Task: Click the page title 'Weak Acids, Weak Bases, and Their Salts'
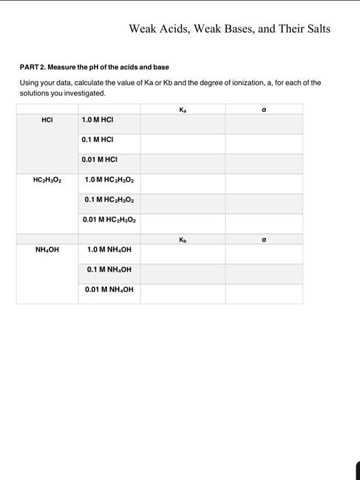tap(230, 29)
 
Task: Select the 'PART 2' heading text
tap(93, 67)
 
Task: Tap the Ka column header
tap(182, 109)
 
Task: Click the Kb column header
tap(182, 240)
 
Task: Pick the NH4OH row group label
tap(47, 250)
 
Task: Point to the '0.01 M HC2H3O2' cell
tap(109, 220)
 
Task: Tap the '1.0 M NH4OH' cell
tap(109, 250)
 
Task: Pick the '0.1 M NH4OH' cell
tap(109, 269)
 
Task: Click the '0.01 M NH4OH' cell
tap(109, 289)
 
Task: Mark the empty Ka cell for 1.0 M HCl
tap(182, 123)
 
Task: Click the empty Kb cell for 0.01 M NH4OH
tap(182, 293)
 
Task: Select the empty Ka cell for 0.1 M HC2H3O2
tap(182, 204)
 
